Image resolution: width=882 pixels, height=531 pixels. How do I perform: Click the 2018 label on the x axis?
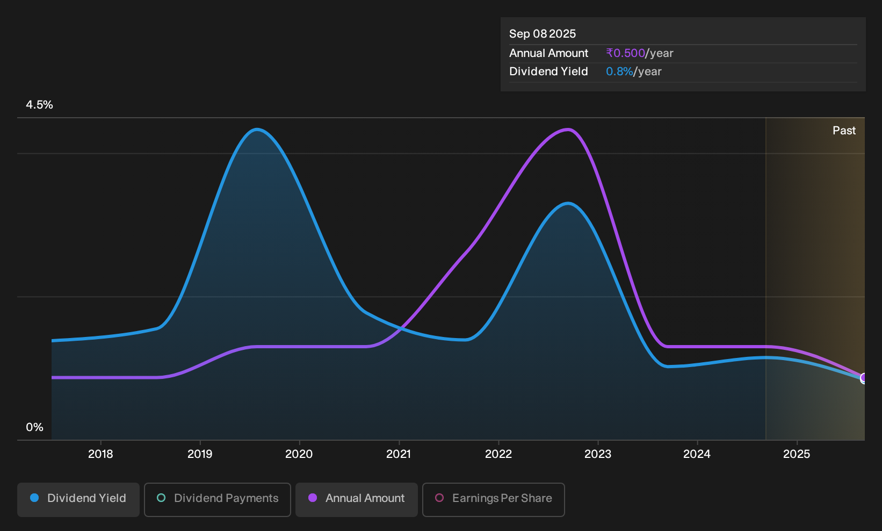point(100,454)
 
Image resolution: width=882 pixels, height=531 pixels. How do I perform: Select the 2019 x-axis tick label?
point(200,454)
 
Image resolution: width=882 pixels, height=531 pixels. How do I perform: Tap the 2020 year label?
point(299,454)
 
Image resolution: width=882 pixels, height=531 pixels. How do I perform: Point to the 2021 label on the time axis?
point(399,454)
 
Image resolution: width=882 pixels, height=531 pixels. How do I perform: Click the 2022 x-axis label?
point(498,454)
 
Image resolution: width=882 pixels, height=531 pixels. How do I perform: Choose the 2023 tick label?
point(598,454)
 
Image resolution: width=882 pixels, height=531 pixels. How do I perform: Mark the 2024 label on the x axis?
point(697,454)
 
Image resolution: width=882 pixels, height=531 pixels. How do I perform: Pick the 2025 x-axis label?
point(797,454)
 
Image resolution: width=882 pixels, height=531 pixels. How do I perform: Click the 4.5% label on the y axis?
point(39,105)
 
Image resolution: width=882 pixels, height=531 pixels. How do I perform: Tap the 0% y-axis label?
point(35,427)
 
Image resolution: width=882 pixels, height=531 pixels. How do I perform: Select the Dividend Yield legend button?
point(78,499)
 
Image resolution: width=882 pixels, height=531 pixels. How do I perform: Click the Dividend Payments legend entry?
point(218,499)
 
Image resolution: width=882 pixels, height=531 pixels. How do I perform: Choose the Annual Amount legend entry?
point(356,499)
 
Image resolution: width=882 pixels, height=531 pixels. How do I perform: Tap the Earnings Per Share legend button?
point(493,499)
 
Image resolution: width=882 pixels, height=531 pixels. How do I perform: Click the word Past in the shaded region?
point(844,131)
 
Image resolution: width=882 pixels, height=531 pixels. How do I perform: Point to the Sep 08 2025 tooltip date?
point(543,34)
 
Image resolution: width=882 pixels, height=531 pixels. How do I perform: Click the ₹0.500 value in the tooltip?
point(626,53)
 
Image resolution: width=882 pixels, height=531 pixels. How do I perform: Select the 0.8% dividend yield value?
point(619,71)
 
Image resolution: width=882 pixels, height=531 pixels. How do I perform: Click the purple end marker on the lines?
point(864,378)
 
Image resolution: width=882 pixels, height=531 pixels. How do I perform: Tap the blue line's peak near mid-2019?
point(257,129)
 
